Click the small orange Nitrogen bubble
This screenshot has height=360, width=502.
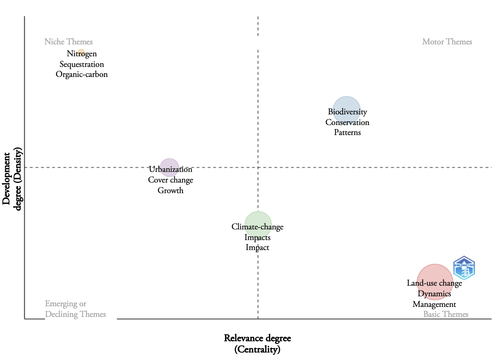pyautogui.click(x=81, y=53)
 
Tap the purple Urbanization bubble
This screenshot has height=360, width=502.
pyautogui.click(x=169, y=167)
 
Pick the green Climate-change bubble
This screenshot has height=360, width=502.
pyautogui.click(x=258, y=225)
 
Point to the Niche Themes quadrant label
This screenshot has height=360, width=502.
pyautogui.click(x=68, y=42)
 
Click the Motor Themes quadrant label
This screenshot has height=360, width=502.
pyautogui.click(x=447, y=42)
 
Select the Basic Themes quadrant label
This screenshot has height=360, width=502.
pyautogui.click(x=446, y=314)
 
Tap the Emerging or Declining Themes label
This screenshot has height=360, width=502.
pyautogui.click(x=75, y=309)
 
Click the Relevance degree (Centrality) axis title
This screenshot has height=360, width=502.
pyautogui.click(x=257, y=343)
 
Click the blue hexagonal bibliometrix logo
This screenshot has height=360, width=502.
pyautogui.click(x=464, y=268)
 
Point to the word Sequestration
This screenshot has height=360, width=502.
pyautogui.click(x=82, y=64)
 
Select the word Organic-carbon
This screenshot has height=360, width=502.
pyautogui.click(x=82, y=74)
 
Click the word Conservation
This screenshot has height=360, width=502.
pyautogui.click(x=347, y=122)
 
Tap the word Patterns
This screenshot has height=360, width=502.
pyautogui.click(x=347, y=132)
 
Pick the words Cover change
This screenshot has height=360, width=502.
pyautogui.click(x=170, y=180)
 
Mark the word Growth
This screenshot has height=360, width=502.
pyautogui.click(x=170, y=190)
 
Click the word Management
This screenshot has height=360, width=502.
pyautogui.click(x=434, y=304)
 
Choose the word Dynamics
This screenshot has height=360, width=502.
pyautogui.click(x=434, y=294)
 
